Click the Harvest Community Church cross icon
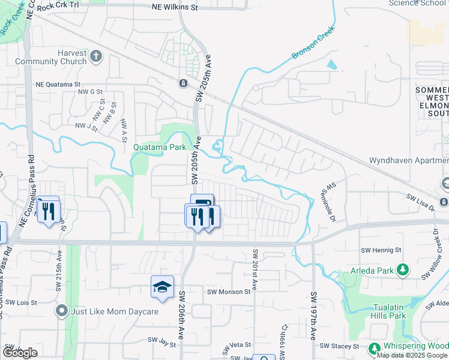[x=97, y=58]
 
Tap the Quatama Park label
[x=159, y=146]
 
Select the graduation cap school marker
[x=162, y=287]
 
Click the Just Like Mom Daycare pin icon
[x=61, y=311]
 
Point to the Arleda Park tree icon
[x=403, y=270]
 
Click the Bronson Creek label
[x=312, y=46]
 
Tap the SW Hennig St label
[x=381, y=250]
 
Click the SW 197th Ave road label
[x=313, y=316]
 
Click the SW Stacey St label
[x=339, y=346]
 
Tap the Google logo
[x=20, y=353]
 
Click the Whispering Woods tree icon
[x=375, y=348]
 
